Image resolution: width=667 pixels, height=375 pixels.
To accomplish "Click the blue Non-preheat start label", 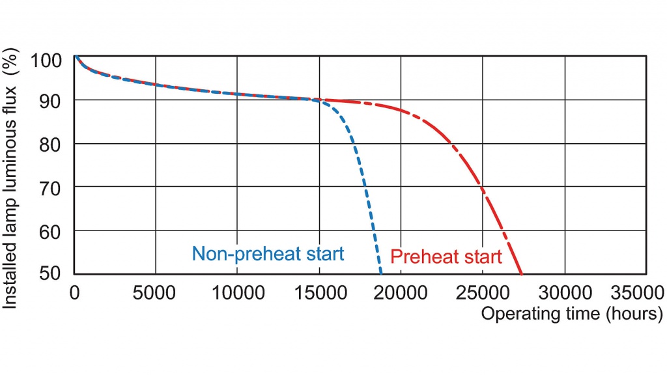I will [x=268, y=254].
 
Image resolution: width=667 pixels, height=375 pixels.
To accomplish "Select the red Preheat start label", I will [x=446, y=257].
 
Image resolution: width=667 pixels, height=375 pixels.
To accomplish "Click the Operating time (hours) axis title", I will [x=571, y=314].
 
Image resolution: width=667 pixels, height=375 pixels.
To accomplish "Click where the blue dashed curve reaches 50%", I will [x=381, y=273].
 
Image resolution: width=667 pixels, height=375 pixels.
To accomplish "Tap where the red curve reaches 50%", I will [x=522, y=273].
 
